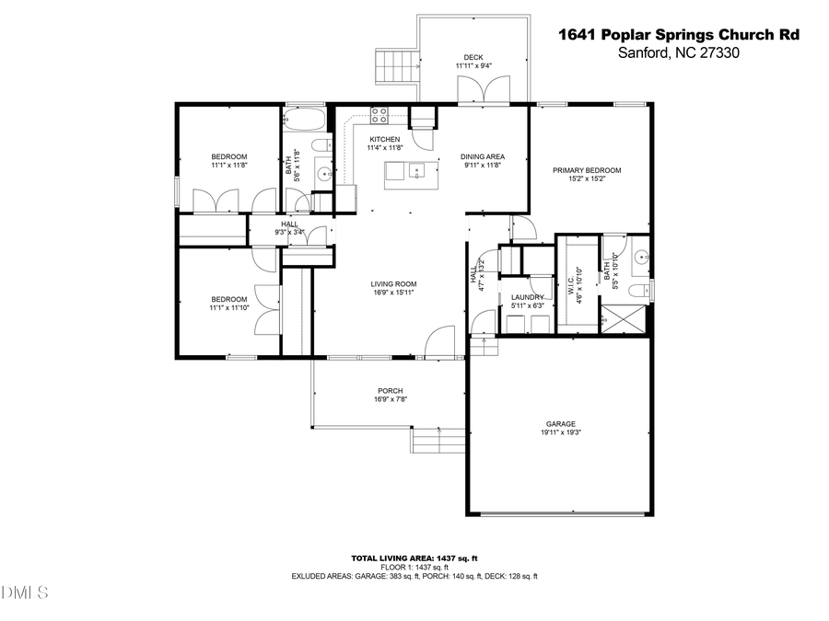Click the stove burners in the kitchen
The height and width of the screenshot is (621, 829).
pos(379,115)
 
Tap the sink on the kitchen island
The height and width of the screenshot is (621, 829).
pos(416,169)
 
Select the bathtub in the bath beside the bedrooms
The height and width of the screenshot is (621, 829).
pos(305,120)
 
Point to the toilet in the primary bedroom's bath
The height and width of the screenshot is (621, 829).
pos(636,292)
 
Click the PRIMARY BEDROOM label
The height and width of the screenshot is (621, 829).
pos(587,170)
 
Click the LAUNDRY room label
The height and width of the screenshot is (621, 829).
pos(528,297)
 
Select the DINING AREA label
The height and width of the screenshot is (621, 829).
pos(483,156)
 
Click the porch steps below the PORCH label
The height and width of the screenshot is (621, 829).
pos(438,443)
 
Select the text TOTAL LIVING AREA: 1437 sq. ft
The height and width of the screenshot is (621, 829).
pos(414,558)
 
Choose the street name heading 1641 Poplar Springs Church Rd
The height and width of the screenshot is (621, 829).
pos(679,35)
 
